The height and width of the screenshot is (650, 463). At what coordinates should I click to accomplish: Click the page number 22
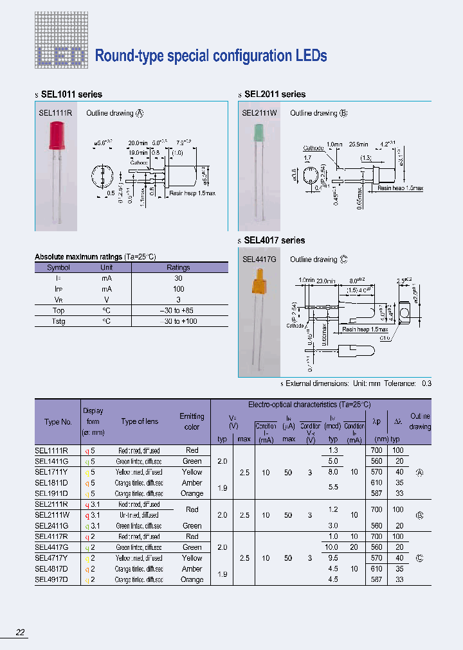21,633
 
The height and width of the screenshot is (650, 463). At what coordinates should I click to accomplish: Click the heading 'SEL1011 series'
71,94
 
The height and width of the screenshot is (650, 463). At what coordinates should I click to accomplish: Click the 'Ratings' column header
178,268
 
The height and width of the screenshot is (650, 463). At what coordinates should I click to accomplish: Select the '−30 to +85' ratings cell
178,310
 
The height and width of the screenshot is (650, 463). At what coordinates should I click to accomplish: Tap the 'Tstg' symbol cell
59,321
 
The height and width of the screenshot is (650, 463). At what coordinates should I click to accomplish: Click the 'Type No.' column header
58,422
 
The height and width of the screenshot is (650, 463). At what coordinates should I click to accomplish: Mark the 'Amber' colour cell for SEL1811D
192,482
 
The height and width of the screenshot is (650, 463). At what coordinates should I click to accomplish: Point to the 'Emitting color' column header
192,421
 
